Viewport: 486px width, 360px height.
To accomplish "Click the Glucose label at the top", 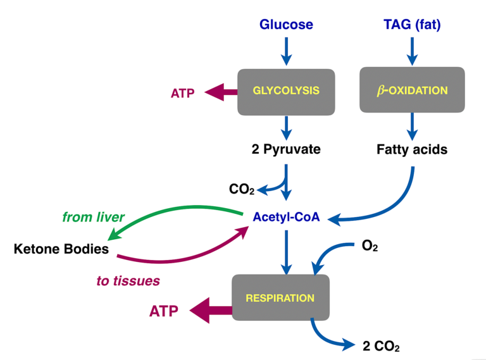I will coord(286,25).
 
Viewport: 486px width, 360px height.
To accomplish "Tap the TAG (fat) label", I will coord(412,25).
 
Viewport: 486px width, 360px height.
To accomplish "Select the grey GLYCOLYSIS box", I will coord(286,91).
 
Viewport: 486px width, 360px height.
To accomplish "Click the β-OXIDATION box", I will coord(412,91).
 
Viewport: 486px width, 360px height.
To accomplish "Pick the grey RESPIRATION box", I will coord(281,297).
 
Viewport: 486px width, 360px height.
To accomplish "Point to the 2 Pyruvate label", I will coord(286,150).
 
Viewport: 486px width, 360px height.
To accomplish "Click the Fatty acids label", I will coord(412,150).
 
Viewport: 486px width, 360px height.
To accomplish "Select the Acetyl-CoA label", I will coord(286,217).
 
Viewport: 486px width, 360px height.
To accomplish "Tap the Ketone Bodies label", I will coord(61,249).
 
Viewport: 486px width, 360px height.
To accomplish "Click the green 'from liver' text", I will coord(93,217).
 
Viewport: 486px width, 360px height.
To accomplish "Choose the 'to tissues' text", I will coord(128,280).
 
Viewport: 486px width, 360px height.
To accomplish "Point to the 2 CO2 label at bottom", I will coord(381,346).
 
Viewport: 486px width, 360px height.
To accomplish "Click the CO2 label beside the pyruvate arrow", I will coord(242,189).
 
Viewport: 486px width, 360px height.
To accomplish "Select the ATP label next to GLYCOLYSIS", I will coord(183,93).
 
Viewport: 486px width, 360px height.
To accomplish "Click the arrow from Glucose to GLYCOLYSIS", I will coord(286,51).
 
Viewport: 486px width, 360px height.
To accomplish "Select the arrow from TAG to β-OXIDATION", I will coord(412,51).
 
